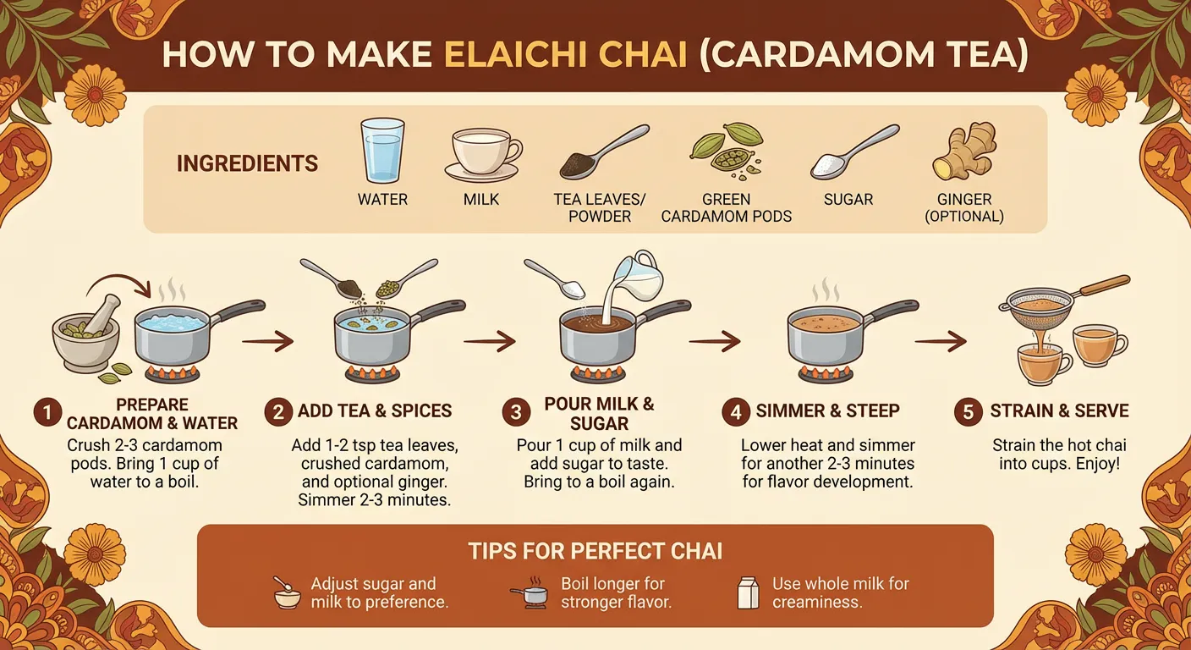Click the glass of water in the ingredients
tap(382, 151)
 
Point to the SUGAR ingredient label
tap(848, 200)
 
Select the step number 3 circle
tap(515, 413)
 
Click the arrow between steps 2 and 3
tap(489, 342)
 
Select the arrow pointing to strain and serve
tap(940, 342)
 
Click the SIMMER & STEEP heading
tap(827, 411)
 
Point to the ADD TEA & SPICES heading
tap(375, 412)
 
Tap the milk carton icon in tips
tap(748, 592)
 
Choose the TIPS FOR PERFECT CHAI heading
tap(595, 552)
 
